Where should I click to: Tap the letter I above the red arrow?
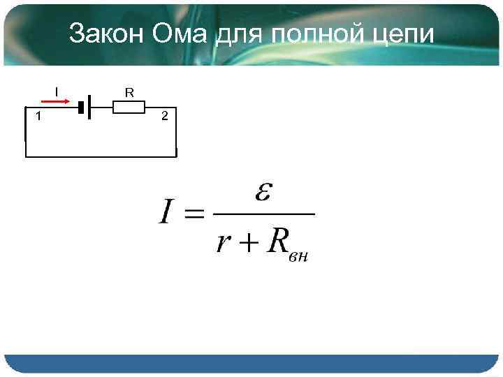(57, 90)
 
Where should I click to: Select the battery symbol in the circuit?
(86, 108)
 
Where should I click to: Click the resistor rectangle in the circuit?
(129, 107)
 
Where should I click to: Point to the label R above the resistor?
(129, 92)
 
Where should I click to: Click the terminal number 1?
(38, 116)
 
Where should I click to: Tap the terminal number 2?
(164, 116)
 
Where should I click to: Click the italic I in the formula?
(166, 212)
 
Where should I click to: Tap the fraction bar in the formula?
(262, 214)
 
